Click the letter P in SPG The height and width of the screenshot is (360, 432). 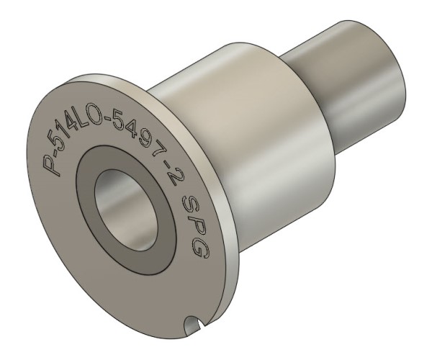(x=194, y=225)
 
